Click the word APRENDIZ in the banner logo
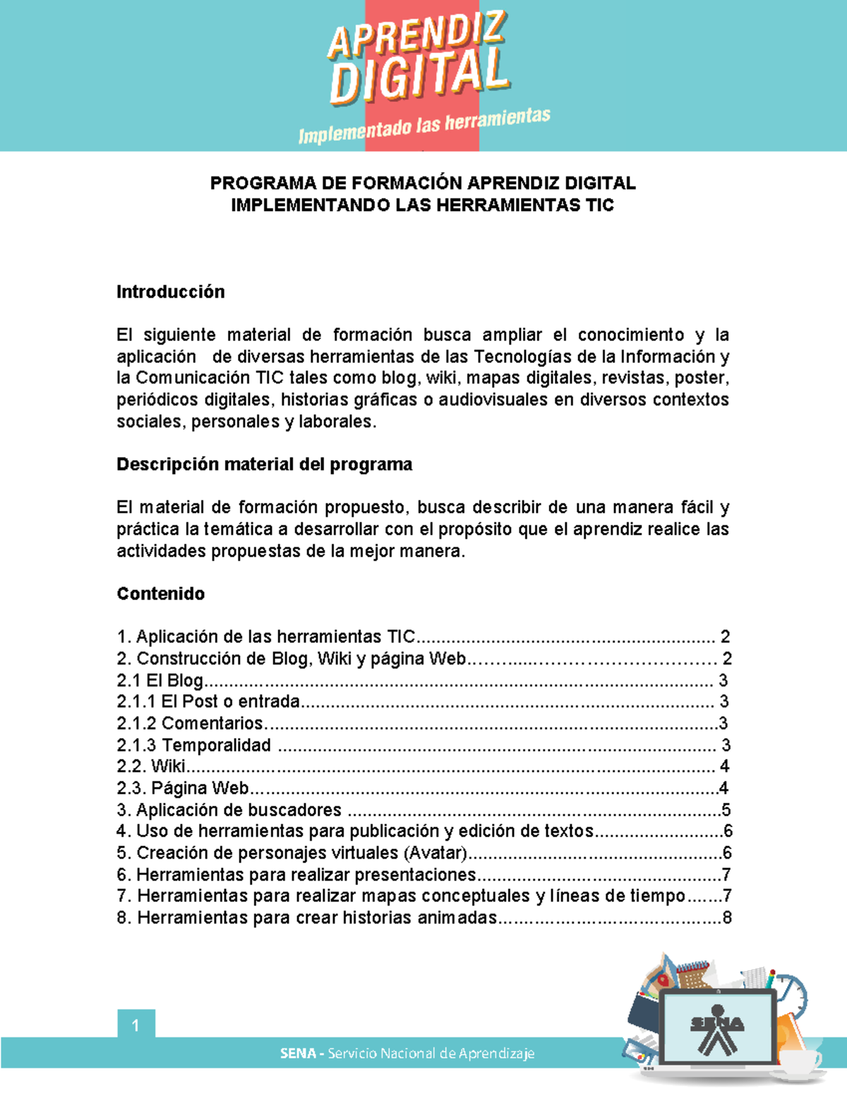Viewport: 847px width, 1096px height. point(416,35)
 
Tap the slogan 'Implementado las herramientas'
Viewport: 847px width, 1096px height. point(423,126)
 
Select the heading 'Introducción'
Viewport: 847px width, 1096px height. point(170,292)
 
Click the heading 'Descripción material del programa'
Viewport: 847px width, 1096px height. point(264,464)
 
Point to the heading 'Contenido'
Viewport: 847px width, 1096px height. point(160,594)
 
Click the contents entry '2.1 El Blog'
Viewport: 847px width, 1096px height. point(160,680)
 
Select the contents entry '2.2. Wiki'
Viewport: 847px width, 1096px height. point(151,766)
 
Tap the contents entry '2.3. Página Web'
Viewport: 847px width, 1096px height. point(183,788)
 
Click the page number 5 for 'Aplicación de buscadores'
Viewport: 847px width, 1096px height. point(726,810)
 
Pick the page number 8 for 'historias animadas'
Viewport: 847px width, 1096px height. point(726,918)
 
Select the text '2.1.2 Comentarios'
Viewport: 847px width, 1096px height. point(190,723)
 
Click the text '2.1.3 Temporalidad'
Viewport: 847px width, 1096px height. point(194,745)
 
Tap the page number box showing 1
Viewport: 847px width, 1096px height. point(136,1025)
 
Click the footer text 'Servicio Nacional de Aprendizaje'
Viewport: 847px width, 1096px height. point(431,1054)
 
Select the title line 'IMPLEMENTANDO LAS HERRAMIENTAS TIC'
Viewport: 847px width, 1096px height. point(423,205)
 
